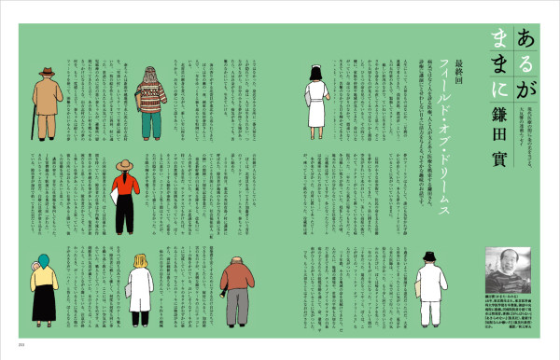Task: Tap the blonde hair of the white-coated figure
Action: click(141, 262)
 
